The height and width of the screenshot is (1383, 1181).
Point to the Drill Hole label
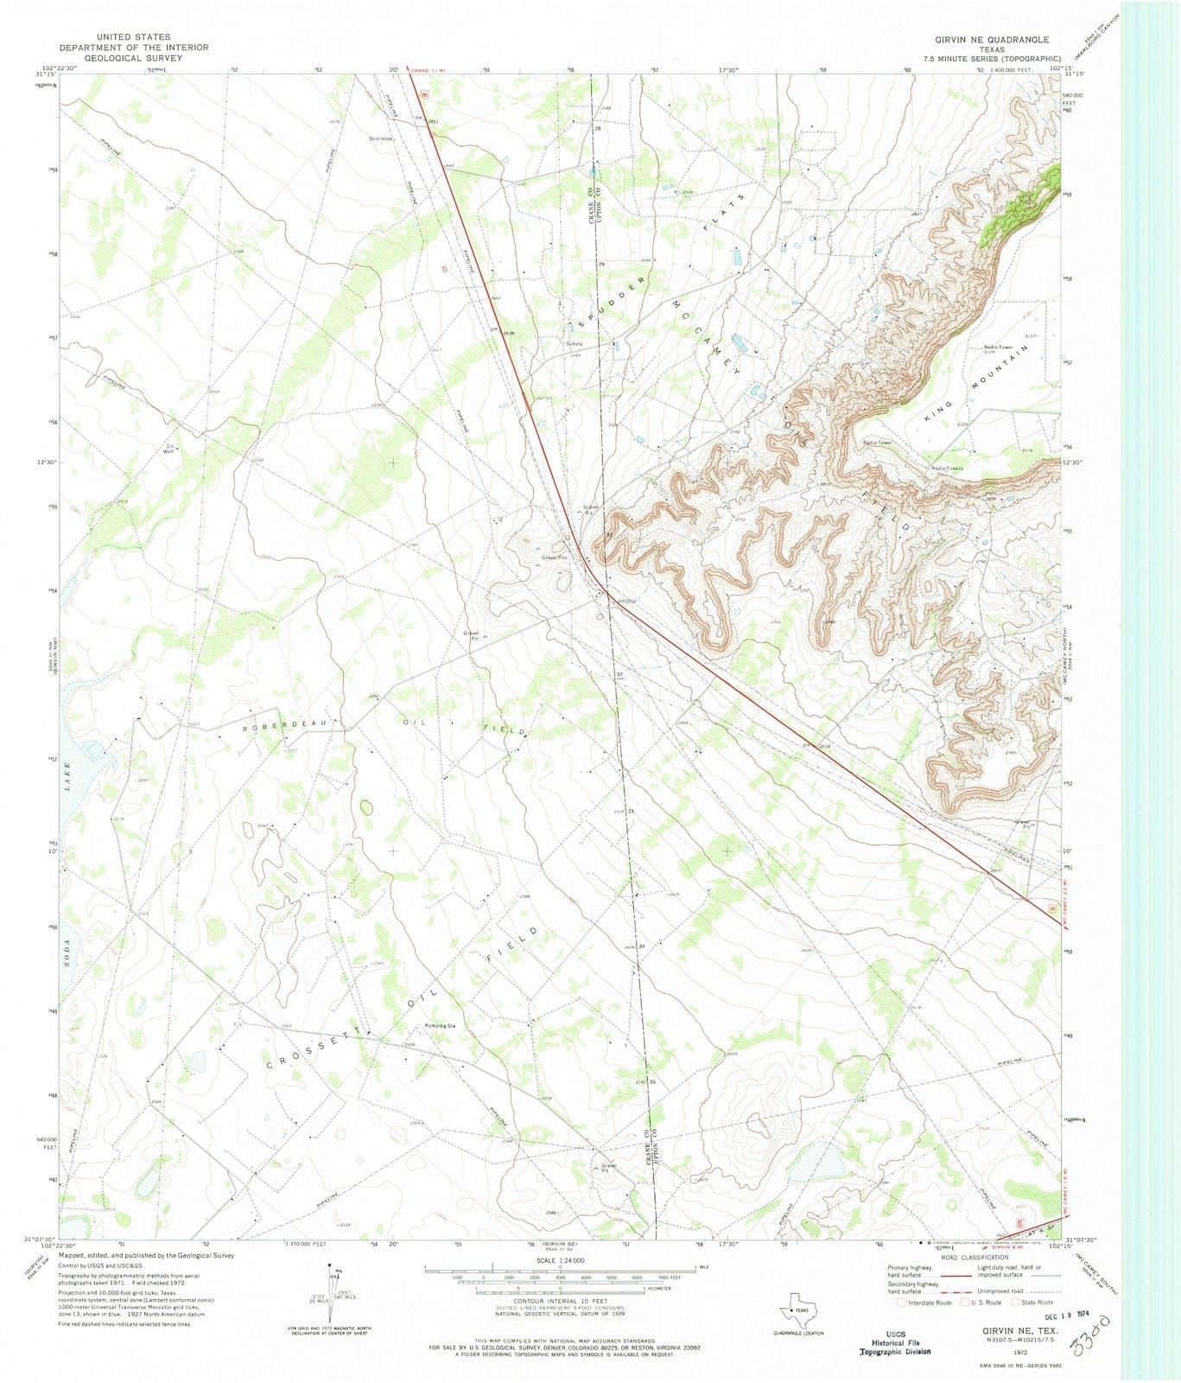[x=380, y=138]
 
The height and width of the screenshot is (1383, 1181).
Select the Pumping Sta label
[x=440, y=1025]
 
